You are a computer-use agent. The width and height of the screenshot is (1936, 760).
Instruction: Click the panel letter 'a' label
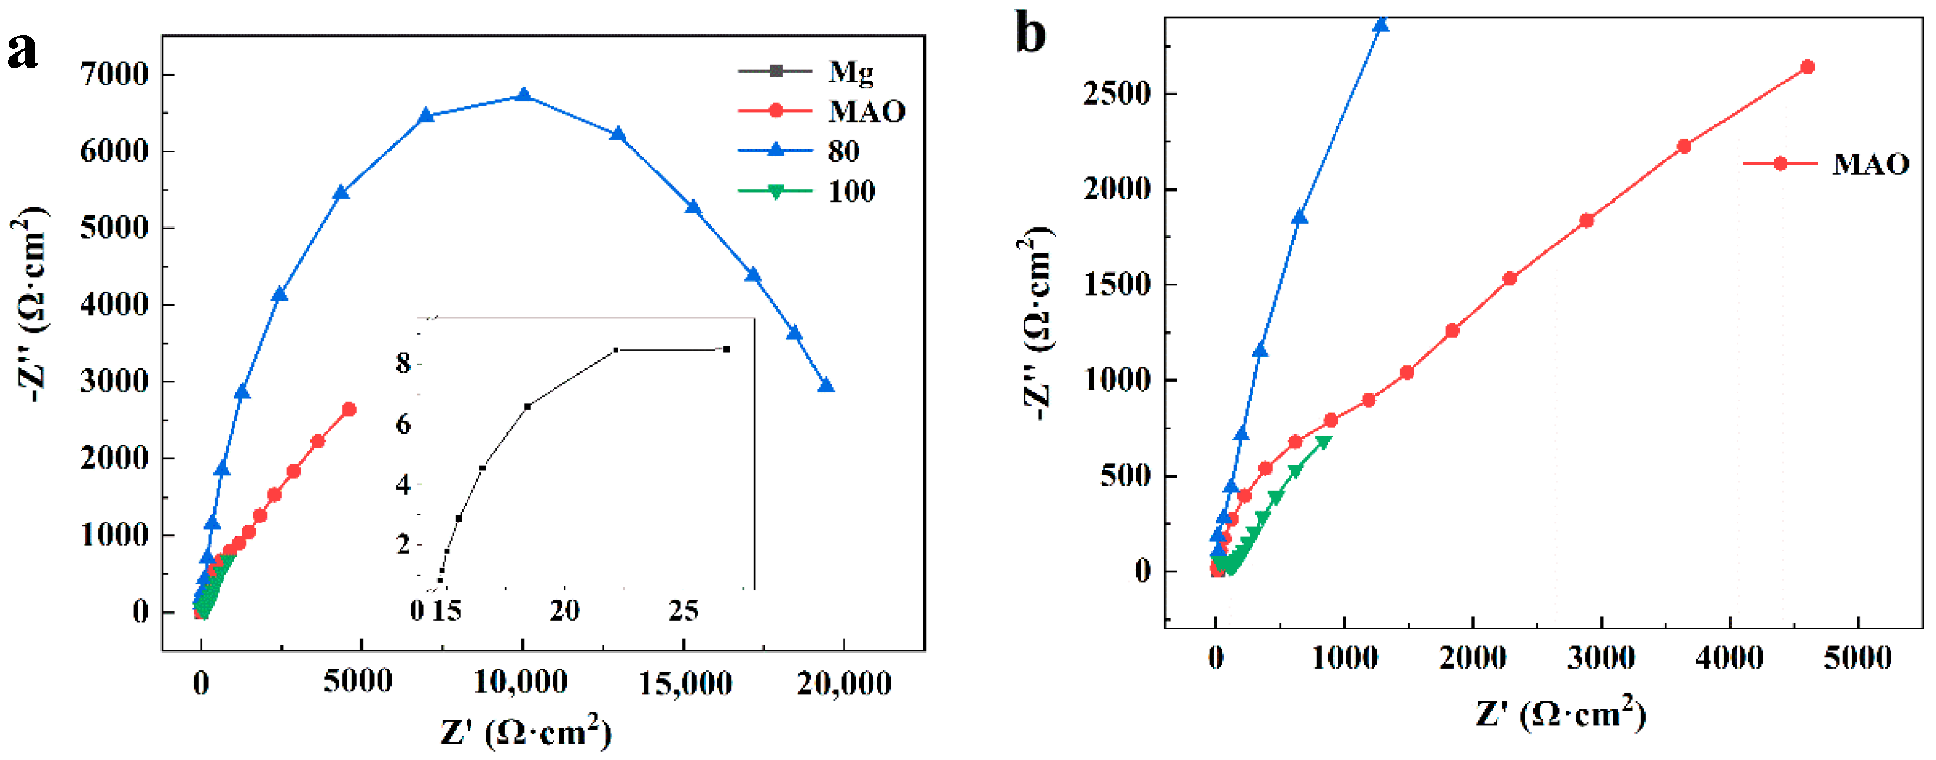click(22, 51)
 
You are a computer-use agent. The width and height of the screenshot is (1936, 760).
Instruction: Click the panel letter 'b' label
click(1030, 33)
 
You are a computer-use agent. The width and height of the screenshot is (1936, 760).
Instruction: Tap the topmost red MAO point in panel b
click(1807, 67)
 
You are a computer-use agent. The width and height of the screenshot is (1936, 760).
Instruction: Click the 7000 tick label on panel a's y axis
click(114, 74)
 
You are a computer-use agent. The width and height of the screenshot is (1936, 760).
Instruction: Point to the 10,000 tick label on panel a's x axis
click(520, 683)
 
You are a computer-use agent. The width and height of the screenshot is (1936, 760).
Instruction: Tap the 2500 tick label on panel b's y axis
click(1117, 94)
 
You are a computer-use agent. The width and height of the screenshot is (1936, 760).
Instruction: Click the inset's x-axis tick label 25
click(683, 611)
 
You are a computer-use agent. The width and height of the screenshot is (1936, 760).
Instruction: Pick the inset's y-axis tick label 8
click(404, 364)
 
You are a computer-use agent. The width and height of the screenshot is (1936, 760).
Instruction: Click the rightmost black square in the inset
click(726, 349)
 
